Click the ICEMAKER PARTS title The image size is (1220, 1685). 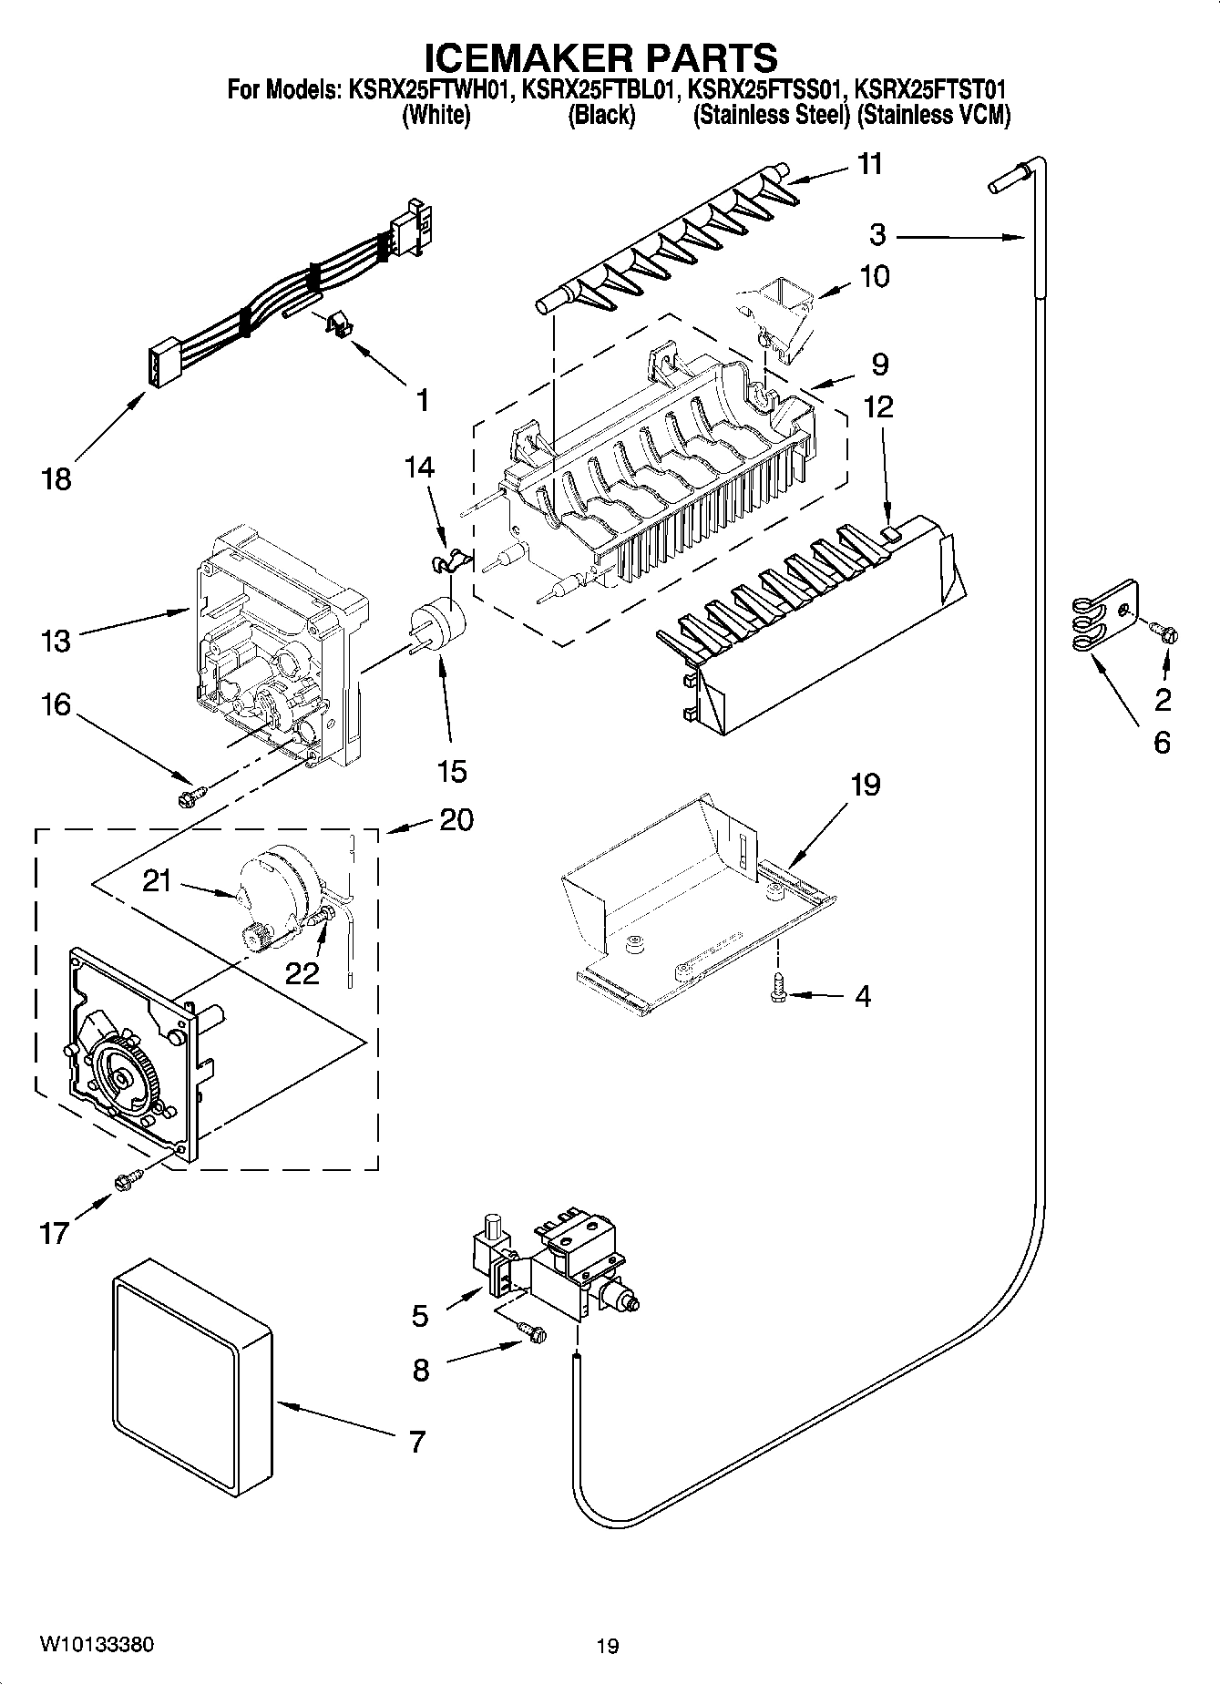click(601, 57)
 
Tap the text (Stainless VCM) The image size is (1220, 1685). click(933, 116)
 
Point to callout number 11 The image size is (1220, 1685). click(870, 164)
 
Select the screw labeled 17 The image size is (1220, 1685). click(126, 1181)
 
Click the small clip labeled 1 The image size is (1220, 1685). click(338, 326)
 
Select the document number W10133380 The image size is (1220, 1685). click(97, 1644)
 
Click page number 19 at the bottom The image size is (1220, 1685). click(608, 1646)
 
